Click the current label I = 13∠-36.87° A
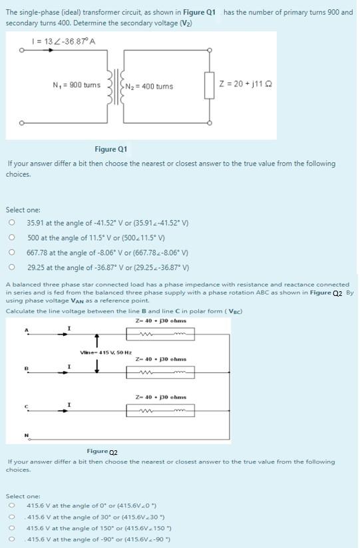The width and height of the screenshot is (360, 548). tap(64, 42)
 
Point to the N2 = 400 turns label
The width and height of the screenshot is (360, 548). tap(149, 87)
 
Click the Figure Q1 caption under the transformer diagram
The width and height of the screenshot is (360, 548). tap(110, 149)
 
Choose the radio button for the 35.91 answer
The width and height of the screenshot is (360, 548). tap(11, 223)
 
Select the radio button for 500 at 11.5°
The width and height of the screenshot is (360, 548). tap(11, 237)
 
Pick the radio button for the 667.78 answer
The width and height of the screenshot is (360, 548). tap(11, 253)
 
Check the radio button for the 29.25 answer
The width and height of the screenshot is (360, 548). tap(11, 267)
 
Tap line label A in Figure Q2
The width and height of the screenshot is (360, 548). tap(27, 331)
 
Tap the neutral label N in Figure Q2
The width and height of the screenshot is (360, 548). tap(27, 436)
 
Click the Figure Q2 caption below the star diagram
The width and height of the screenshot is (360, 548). tap(102, 451)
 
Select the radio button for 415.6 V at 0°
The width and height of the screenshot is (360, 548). tap(11, 505)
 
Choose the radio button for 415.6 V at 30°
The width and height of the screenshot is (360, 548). tap(11, 516)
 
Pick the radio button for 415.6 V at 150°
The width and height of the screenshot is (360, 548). tap(11, 527)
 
